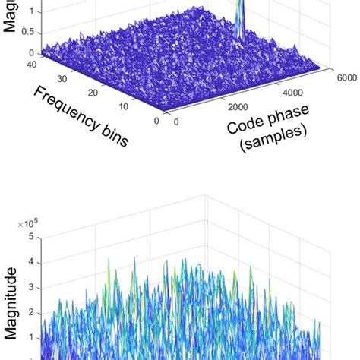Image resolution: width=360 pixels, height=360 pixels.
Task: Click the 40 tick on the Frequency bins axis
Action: pyautogui.click(x=11, y=64)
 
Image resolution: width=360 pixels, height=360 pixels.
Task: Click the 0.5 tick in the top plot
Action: pyautogui.click(x=27, y=33)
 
